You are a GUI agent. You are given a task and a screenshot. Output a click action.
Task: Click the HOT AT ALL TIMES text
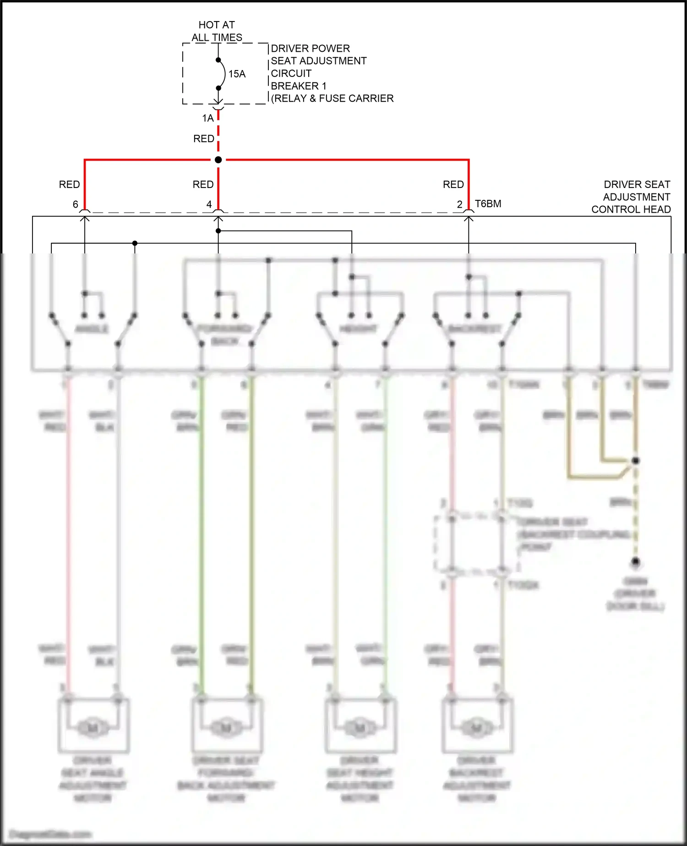point(217,31)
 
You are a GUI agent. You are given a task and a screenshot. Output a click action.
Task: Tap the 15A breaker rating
point(237,74)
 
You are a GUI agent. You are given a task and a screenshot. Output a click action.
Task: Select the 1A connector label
point(208,118)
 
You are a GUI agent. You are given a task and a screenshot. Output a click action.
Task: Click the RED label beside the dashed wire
point(204,138)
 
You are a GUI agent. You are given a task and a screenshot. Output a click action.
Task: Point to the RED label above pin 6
point(69,184)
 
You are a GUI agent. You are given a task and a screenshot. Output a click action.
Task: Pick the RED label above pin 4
point(203,184)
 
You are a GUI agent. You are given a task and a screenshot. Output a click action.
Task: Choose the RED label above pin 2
point(453,184)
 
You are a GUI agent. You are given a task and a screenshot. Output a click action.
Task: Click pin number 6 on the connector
point(76,204)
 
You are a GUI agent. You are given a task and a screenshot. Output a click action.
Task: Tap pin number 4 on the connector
point(209,204)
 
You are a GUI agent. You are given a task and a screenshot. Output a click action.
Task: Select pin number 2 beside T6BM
point(459,204)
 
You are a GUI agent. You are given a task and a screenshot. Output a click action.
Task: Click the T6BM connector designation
point(488,203)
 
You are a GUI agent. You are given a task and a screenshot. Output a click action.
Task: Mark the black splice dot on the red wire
point(218,159)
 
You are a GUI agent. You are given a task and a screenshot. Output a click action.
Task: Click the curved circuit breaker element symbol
point(223,74)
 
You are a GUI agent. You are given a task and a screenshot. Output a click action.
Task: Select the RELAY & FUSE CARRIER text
point(333,99)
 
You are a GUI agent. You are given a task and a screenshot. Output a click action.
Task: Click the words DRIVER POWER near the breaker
point(310,49)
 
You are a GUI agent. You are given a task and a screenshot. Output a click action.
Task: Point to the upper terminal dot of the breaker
point(218,60)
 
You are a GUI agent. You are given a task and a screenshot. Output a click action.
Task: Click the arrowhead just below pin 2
point(469,219)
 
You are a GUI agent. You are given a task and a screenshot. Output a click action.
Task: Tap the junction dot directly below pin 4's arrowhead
point(218,231)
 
